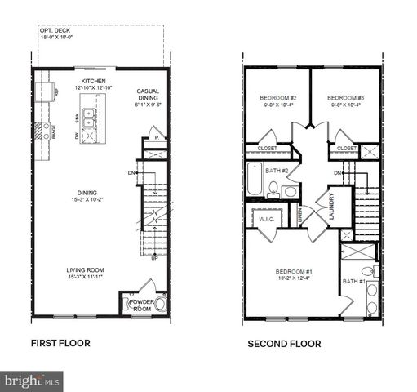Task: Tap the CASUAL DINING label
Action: pyautogui.click(x=147, y=91)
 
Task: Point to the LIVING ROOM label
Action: pyautogui.click(x=85, y=270)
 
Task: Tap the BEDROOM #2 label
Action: pyautogui.click(x=273, y=97)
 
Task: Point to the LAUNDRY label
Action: pyautogui.click(x=332, y=205)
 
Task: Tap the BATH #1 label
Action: pyautogui.click(x=354, y=282)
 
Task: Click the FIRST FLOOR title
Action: pyautogui.click(x=60, y=343)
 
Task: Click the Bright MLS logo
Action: pyautogui.click(x=32, y=381)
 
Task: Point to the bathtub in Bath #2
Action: pyautogui.click(x=255, y=180)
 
